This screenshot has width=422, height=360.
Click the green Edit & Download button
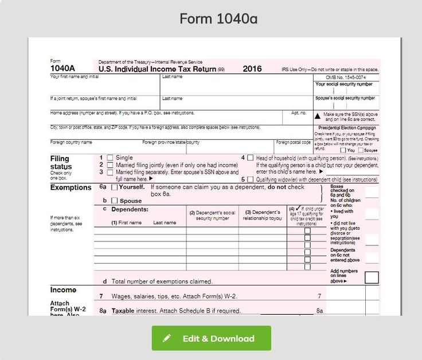[x=211, y=338]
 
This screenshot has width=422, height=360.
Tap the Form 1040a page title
[x=218, y=19]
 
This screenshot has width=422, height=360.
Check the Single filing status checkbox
[x=110, y=158]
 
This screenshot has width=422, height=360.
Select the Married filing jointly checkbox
[x=110, y=165]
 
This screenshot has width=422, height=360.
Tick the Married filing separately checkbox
[x=110, y=172]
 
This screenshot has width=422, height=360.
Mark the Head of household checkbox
[x=251, y=158]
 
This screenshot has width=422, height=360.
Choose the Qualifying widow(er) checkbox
[x=251, y=179]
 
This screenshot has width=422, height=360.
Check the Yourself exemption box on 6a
[x=115, y=187]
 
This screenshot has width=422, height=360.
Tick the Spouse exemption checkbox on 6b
[x=115, y=201]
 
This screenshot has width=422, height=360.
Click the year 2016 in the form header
[x=252, y=69]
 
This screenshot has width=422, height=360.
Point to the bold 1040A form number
[x=63, y=69]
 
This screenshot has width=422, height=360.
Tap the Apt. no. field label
[x=299, y=112]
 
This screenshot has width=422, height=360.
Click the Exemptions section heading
[x=71, y=187]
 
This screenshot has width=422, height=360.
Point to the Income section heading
[x=63, y=290]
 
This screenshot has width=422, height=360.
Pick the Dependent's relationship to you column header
[x=262, y=215]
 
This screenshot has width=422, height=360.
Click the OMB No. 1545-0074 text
[x=345, y=77]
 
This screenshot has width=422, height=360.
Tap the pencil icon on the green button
[x=167, y=338]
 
